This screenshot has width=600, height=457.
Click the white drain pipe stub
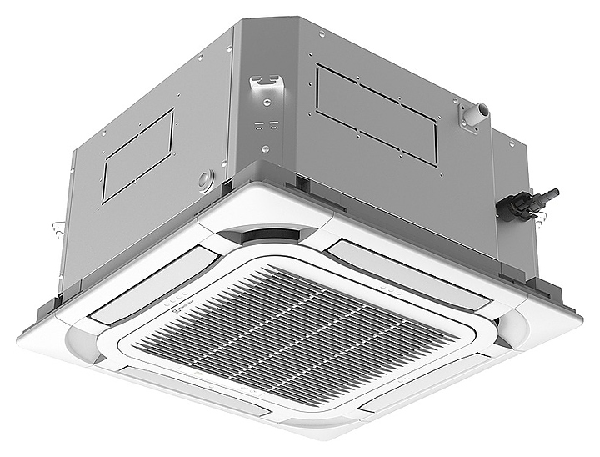[474, 113]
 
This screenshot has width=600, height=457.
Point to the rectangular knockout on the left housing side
[138, 155]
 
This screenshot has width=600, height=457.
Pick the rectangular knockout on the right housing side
[377, 112]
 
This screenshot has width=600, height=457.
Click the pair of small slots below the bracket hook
[266, 125]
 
